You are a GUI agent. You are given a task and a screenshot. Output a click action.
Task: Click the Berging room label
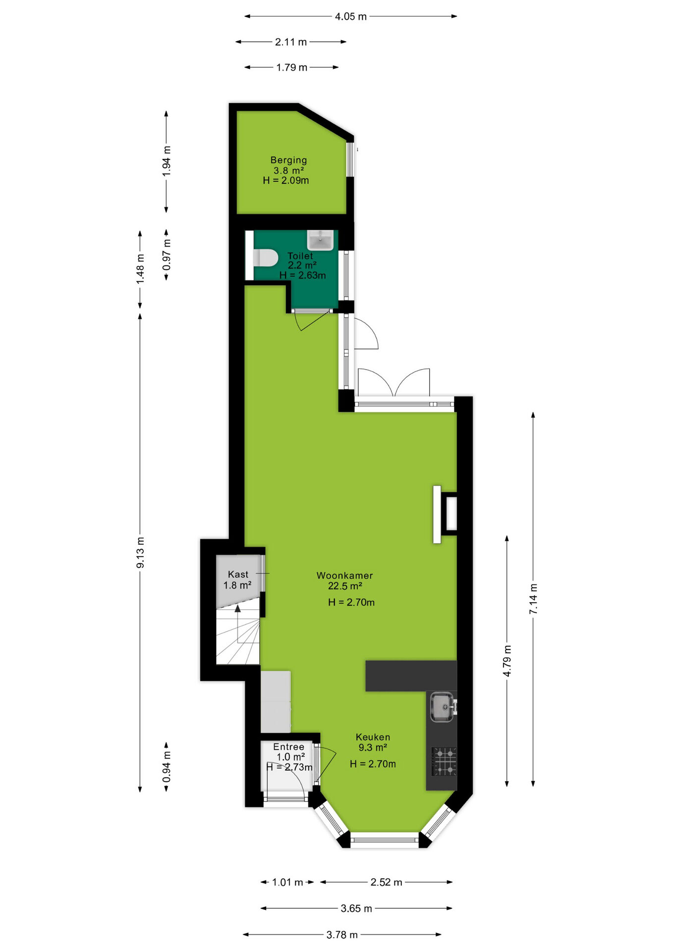[288, 160]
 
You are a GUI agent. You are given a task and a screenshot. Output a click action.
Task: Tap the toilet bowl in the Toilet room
[265, 258]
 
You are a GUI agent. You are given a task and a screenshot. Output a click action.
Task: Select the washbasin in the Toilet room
[320, 240]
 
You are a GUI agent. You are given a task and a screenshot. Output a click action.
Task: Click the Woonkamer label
[344, 576]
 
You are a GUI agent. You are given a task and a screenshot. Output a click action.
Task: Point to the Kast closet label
[238, 575]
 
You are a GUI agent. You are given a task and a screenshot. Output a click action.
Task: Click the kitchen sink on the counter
[442, 707]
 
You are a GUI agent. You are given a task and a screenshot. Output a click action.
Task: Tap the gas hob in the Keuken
[444, 761]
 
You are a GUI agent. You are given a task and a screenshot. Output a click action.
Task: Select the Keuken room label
[373, 737]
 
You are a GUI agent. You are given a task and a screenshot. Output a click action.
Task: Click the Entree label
[288, 747]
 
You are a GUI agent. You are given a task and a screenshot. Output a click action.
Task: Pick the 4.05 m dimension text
[350, 16]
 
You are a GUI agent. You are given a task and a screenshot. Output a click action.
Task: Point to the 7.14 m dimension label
[533, 599]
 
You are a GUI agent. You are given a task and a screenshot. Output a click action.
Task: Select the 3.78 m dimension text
[342, 935]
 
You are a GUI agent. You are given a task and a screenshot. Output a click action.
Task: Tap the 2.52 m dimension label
[387, 882]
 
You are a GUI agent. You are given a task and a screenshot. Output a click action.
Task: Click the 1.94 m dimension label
[167, 161]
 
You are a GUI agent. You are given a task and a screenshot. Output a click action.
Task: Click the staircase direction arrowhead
[238, 608]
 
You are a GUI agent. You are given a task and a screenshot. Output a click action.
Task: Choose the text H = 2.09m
[286, 180]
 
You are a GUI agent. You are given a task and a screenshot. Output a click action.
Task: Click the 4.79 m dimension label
[507, 661]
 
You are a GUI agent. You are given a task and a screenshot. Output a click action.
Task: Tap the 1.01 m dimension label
[287, 882]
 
